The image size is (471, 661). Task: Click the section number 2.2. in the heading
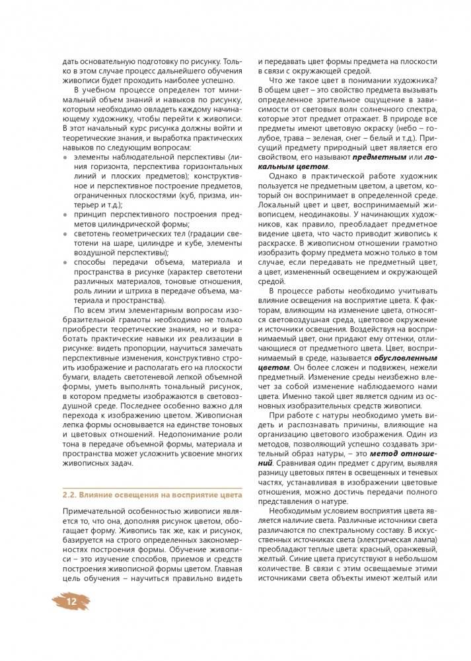71,495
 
